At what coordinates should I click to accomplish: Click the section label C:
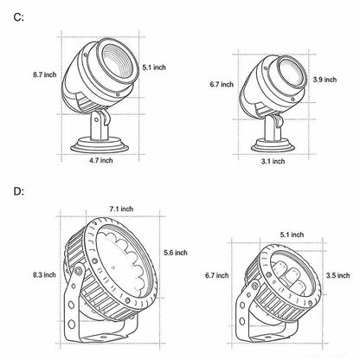(x=19, y=17)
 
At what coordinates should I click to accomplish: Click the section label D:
(x=19, y=191)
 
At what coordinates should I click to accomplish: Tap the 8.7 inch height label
(x=44, y=74)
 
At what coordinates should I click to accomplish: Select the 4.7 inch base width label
(x=101, y=160)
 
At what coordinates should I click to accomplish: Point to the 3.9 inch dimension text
(x=325, y=80)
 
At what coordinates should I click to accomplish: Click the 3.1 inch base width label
(x=273, y=161)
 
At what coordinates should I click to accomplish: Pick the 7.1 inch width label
(x=121, y=209)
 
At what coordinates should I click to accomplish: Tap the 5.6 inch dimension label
(x=176, y=253)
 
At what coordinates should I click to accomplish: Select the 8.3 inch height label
(x=44, y=274)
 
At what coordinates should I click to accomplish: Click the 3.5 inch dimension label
(x=338, y=275)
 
